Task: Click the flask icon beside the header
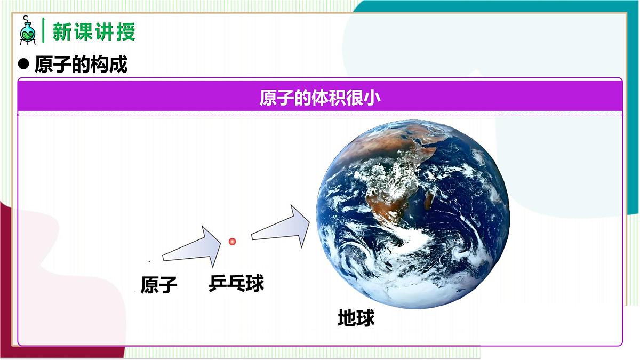(x=27, y=30)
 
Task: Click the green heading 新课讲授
(x=94, y=31)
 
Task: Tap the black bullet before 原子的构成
(x=23, y=65)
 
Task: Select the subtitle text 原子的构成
(x=81, y=65)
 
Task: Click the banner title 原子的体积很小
(x=320, y=98)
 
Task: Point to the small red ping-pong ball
(x=232, y=242)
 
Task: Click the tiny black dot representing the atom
(x=149, y=261)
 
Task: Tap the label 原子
(x=158, y=285)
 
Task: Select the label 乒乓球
(x=236, y=283)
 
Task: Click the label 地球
(x=356, y=318)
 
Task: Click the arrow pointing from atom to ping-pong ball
(x=192, y=248)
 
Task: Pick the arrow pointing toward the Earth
(x=281, y=227)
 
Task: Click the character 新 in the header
(x=62, y=31)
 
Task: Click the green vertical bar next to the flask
(x=43, y=30)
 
